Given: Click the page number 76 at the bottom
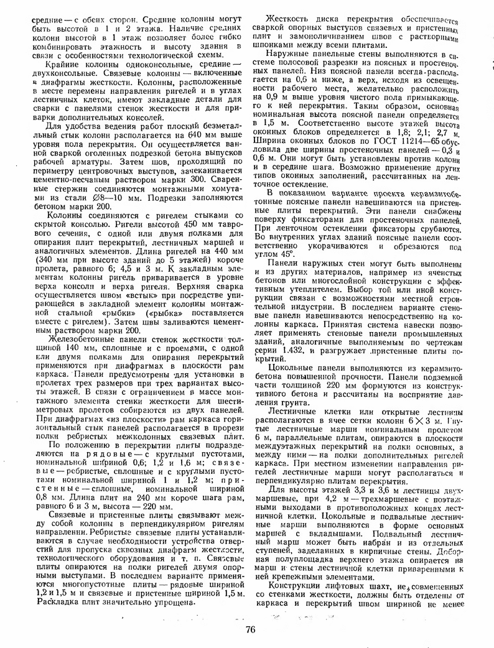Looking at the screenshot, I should [x=251, y=629].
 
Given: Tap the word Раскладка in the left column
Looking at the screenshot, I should [x=50, y=603].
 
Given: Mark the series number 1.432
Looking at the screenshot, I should [x=291, y=351].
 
